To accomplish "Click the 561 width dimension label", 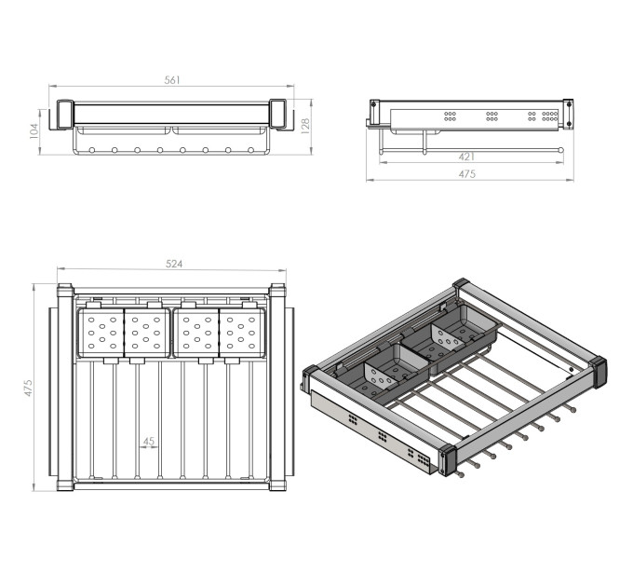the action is pos(172,80).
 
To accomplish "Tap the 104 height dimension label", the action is pos(34,131).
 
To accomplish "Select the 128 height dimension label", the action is pos(305,126).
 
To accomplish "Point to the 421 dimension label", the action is pos(466,157).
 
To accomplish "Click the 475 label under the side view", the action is pos(467,173).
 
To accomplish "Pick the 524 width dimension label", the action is pos(174,264).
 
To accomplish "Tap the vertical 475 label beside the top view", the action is pos(28,388).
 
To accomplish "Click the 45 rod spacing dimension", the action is pos(149,441).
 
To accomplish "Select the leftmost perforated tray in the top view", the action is pos(101,333).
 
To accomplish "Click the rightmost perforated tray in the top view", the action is pos(242,333).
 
